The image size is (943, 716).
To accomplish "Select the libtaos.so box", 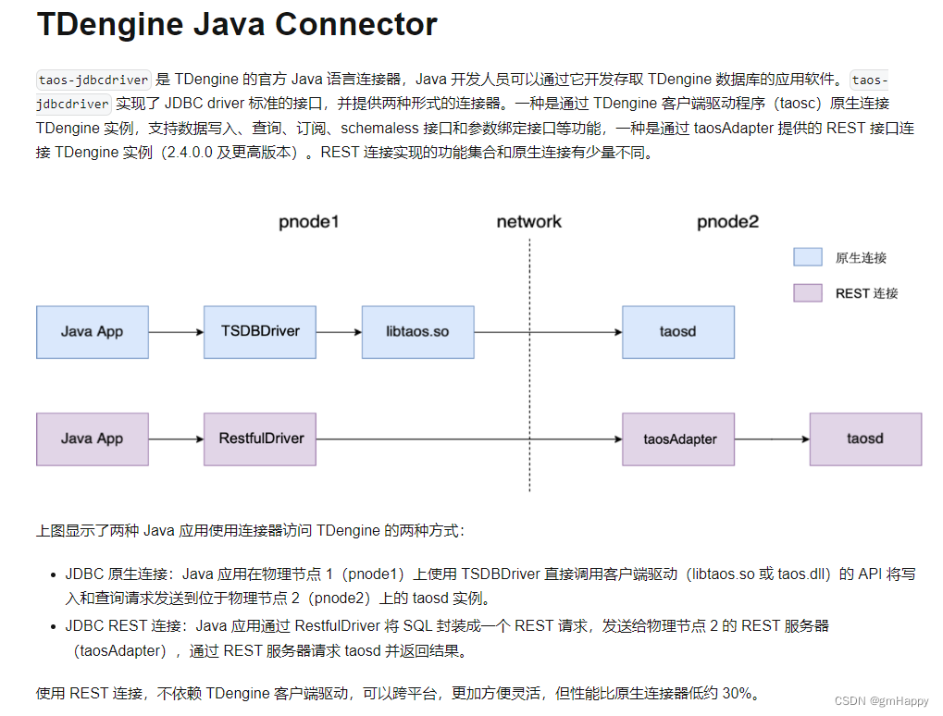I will tap(417, 331).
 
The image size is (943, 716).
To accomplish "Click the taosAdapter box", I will tap(679, 438).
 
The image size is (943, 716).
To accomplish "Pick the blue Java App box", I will tap(92, 331).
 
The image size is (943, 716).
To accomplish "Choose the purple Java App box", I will tap(92, 438).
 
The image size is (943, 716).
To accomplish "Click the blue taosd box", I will tap(677, 331).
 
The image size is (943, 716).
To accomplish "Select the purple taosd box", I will tap(864, 438).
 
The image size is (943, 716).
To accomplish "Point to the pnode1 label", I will tap(310, 222).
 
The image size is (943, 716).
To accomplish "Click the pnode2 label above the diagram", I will tap(727, 222).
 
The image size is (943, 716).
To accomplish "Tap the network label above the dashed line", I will tap(528, 222).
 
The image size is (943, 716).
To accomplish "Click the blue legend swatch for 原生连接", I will tap(807, 257).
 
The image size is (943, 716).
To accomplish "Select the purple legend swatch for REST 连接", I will tap(807, 292).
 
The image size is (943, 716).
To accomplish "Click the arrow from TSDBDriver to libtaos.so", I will tap(338, 332).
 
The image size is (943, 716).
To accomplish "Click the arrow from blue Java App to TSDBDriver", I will tap(176, 332).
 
